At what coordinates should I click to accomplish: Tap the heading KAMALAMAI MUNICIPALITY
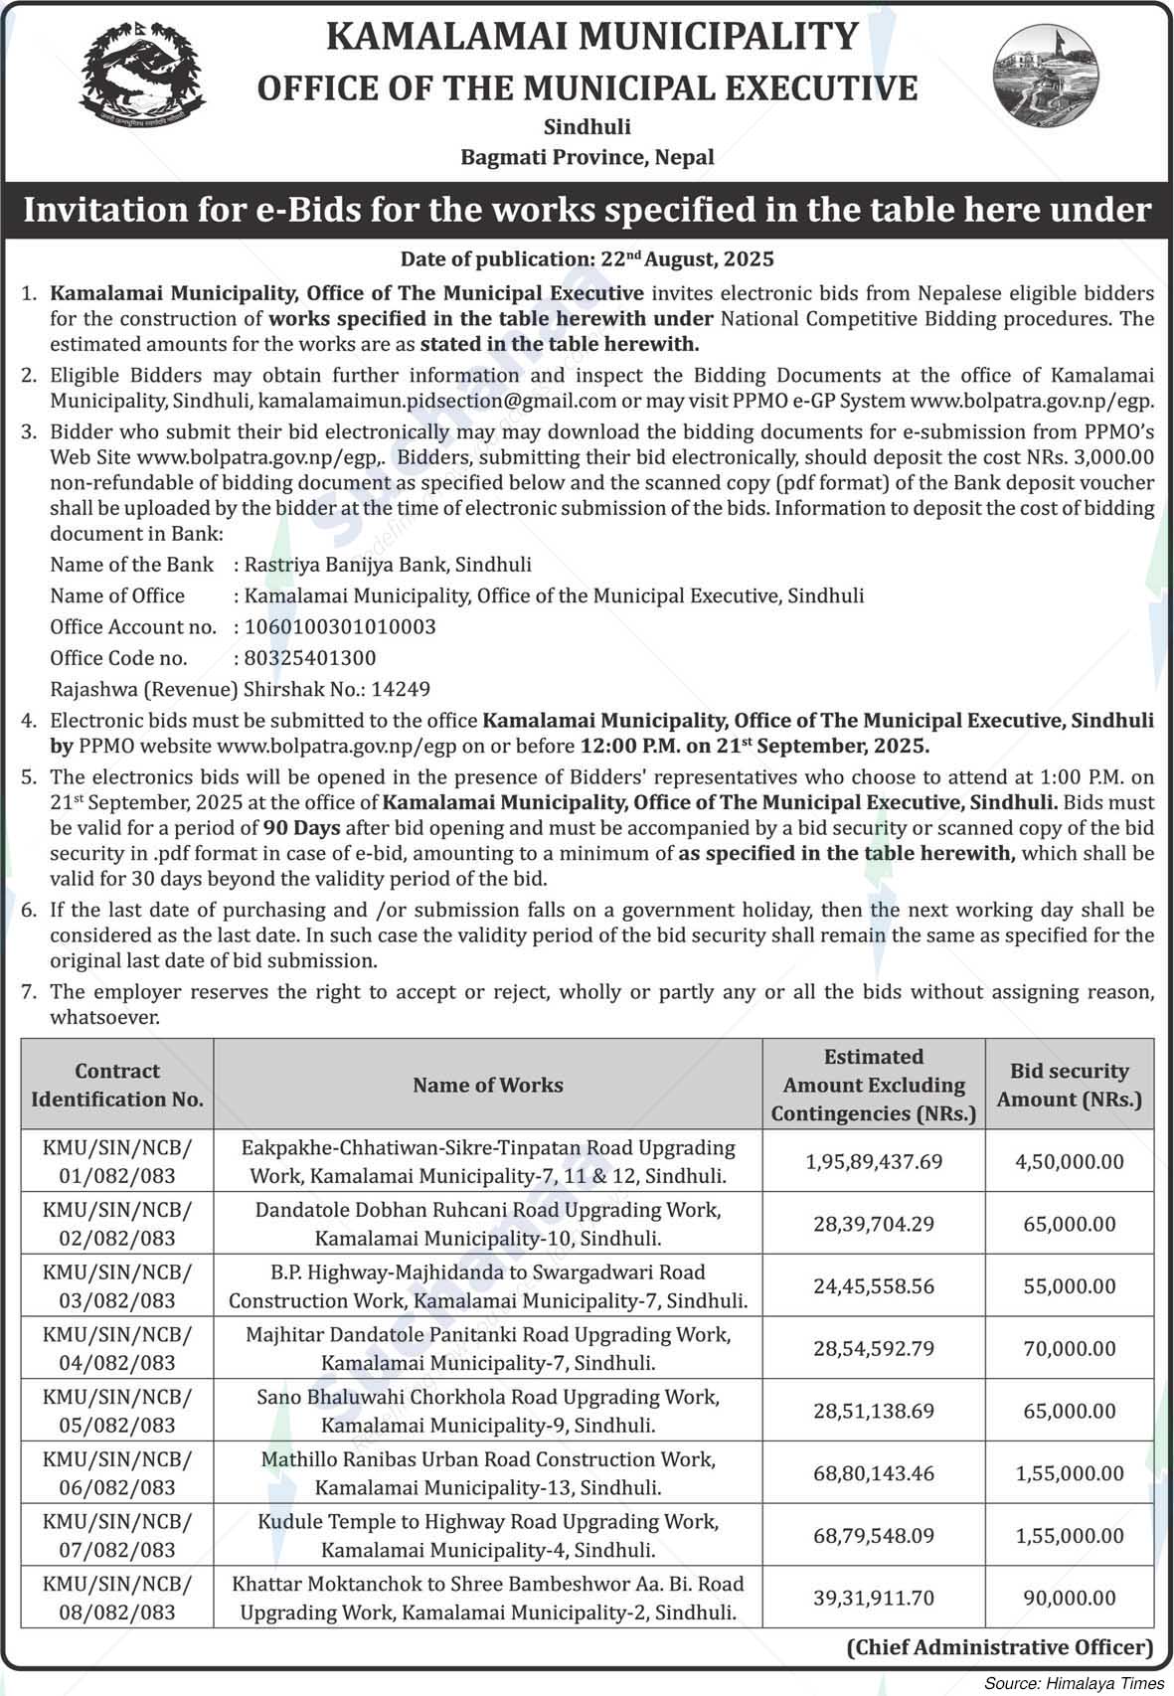[x=591, y=38]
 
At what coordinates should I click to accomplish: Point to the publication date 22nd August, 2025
[x=687, y=259]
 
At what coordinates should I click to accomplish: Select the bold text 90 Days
[x=301, y=828]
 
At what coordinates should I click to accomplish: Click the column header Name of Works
[x=488, y=1086]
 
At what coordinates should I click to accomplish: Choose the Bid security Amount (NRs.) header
[x=1070, y=1086]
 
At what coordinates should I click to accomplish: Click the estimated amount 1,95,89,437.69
[x=874, y=1161]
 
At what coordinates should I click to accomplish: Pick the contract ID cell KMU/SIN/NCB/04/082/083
[x=117, y=1349]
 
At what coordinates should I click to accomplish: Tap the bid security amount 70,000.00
[x=1070, y=1349]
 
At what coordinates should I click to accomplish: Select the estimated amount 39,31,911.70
[x=874, y=1599]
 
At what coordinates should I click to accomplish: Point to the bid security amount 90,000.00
[x=1070, y=1599]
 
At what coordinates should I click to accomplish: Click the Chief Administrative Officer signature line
[x=1000, y=1647]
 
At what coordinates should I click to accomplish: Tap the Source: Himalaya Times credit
[x=1074, y=1683]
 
